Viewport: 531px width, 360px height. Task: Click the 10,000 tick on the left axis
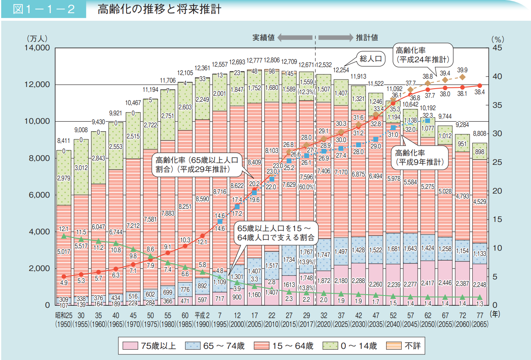click(x=38, y=121)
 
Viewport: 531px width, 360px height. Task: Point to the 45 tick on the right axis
click(x=497, y=48)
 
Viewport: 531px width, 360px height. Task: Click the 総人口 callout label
click(x=371, y=59)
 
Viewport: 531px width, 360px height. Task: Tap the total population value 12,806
click(x=271, y=61)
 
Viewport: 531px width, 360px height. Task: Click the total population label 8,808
click(x=479, y=134)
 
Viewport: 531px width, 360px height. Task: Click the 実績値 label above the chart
click(x=264, y=38)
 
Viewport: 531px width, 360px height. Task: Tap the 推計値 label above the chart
click(x=367, y=38)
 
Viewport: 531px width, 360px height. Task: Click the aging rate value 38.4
click(x=479, y=92)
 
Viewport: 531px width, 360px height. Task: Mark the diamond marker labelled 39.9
click(x=462, y=77)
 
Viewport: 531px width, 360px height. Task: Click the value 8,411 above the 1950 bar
click(x=63, y=141)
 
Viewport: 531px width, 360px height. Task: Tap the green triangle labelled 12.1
click(x=63, y=236)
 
